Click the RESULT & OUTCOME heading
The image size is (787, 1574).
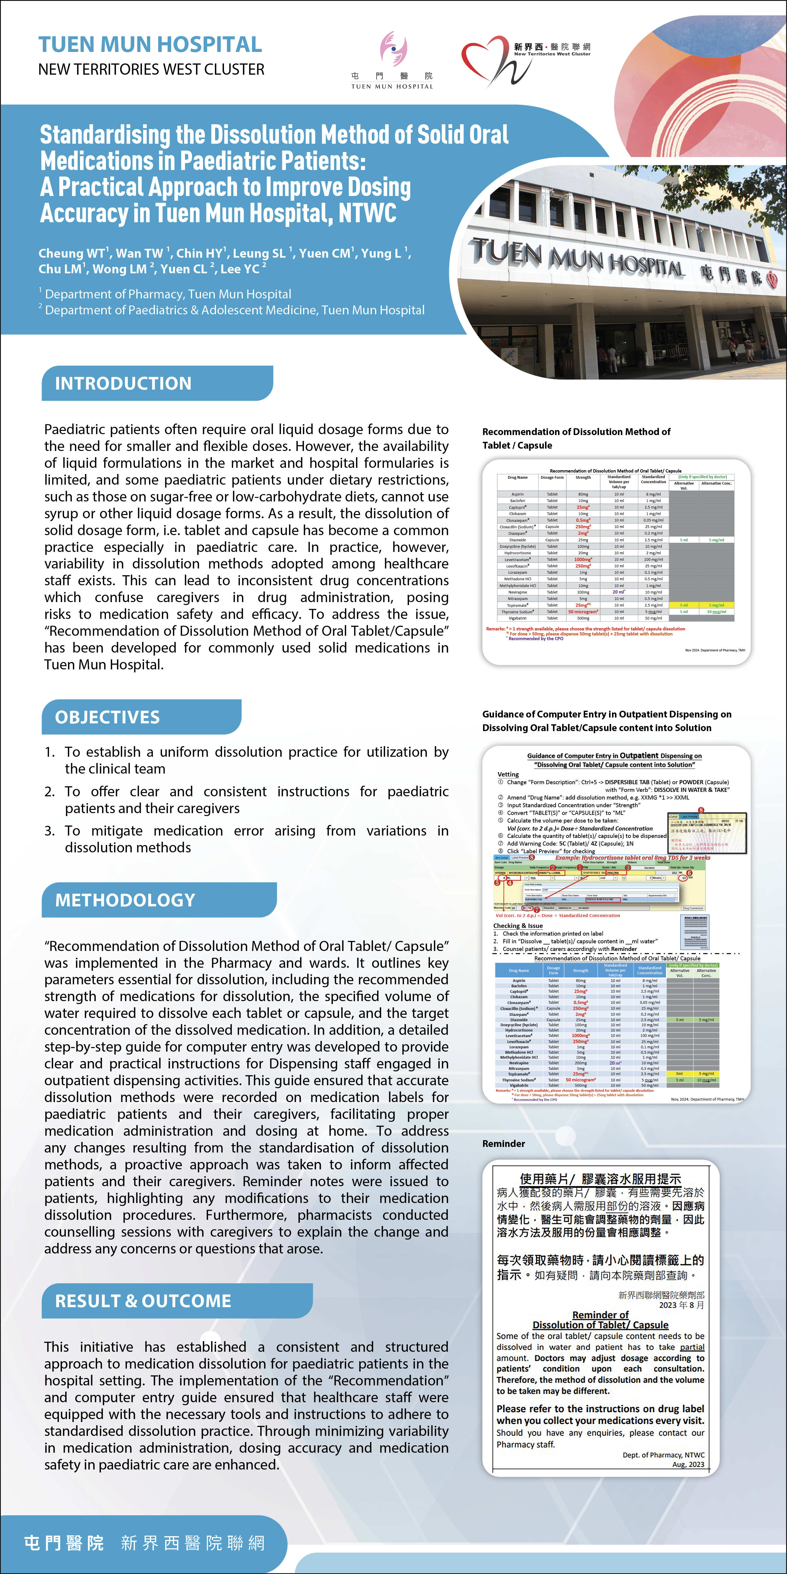tap(143, 1301)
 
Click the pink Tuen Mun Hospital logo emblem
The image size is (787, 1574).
tap(393, 49)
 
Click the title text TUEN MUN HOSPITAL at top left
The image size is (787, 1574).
tap(150, 45)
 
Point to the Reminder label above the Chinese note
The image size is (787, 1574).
tap(503, 1143)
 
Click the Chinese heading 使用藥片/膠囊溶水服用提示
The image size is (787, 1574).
tap(600, 1179)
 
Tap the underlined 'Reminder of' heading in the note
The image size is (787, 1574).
tap(600, 1314)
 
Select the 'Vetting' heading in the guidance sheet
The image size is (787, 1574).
tap(508, 774)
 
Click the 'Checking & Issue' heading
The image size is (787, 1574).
tap(518, 926)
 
